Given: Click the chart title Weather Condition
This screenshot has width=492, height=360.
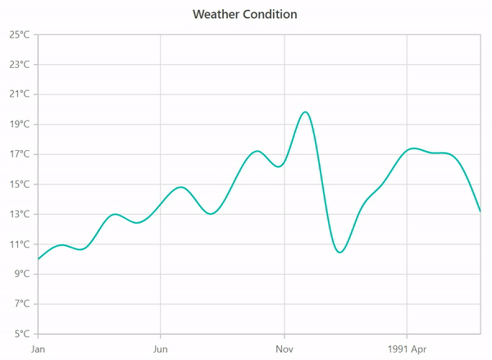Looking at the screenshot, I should click(245, 15).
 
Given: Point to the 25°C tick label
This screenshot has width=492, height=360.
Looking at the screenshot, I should click(20, 34).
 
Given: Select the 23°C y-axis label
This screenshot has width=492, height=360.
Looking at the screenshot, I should click(20, 65).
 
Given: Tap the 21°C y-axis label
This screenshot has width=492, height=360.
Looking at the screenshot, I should click(20, 94).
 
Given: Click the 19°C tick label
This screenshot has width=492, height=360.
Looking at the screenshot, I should click(20, 125).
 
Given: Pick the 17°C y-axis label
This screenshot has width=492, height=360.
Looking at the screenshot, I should click(20, 154).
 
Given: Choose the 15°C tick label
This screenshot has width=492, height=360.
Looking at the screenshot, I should click(20, 185).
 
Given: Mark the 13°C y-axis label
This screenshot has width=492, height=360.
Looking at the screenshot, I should click(20, 214).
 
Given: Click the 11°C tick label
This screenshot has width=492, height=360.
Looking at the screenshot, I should click(20, 244).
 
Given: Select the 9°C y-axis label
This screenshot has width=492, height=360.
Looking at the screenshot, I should click(22, 274).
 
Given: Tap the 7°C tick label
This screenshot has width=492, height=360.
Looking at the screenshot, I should click(22, 304).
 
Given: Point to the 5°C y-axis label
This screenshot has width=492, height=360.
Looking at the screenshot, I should click(22, 334).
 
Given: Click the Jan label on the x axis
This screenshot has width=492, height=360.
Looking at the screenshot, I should click(38, 349).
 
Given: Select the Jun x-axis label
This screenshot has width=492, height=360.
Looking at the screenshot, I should click(161, 349).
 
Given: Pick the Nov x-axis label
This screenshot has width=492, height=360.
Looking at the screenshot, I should click(284, 349).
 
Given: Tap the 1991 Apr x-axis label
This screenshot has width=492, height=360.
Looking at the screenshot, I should click(407, 349).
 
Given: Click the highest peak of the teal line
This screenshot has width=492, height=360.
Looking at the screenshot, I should click(305, 112).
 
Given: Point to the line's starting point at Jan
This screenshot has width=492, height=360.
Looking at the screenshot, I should click(39, 259).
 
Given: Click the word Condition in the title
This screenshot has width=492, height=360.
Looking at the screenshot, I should click(271, 15).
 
